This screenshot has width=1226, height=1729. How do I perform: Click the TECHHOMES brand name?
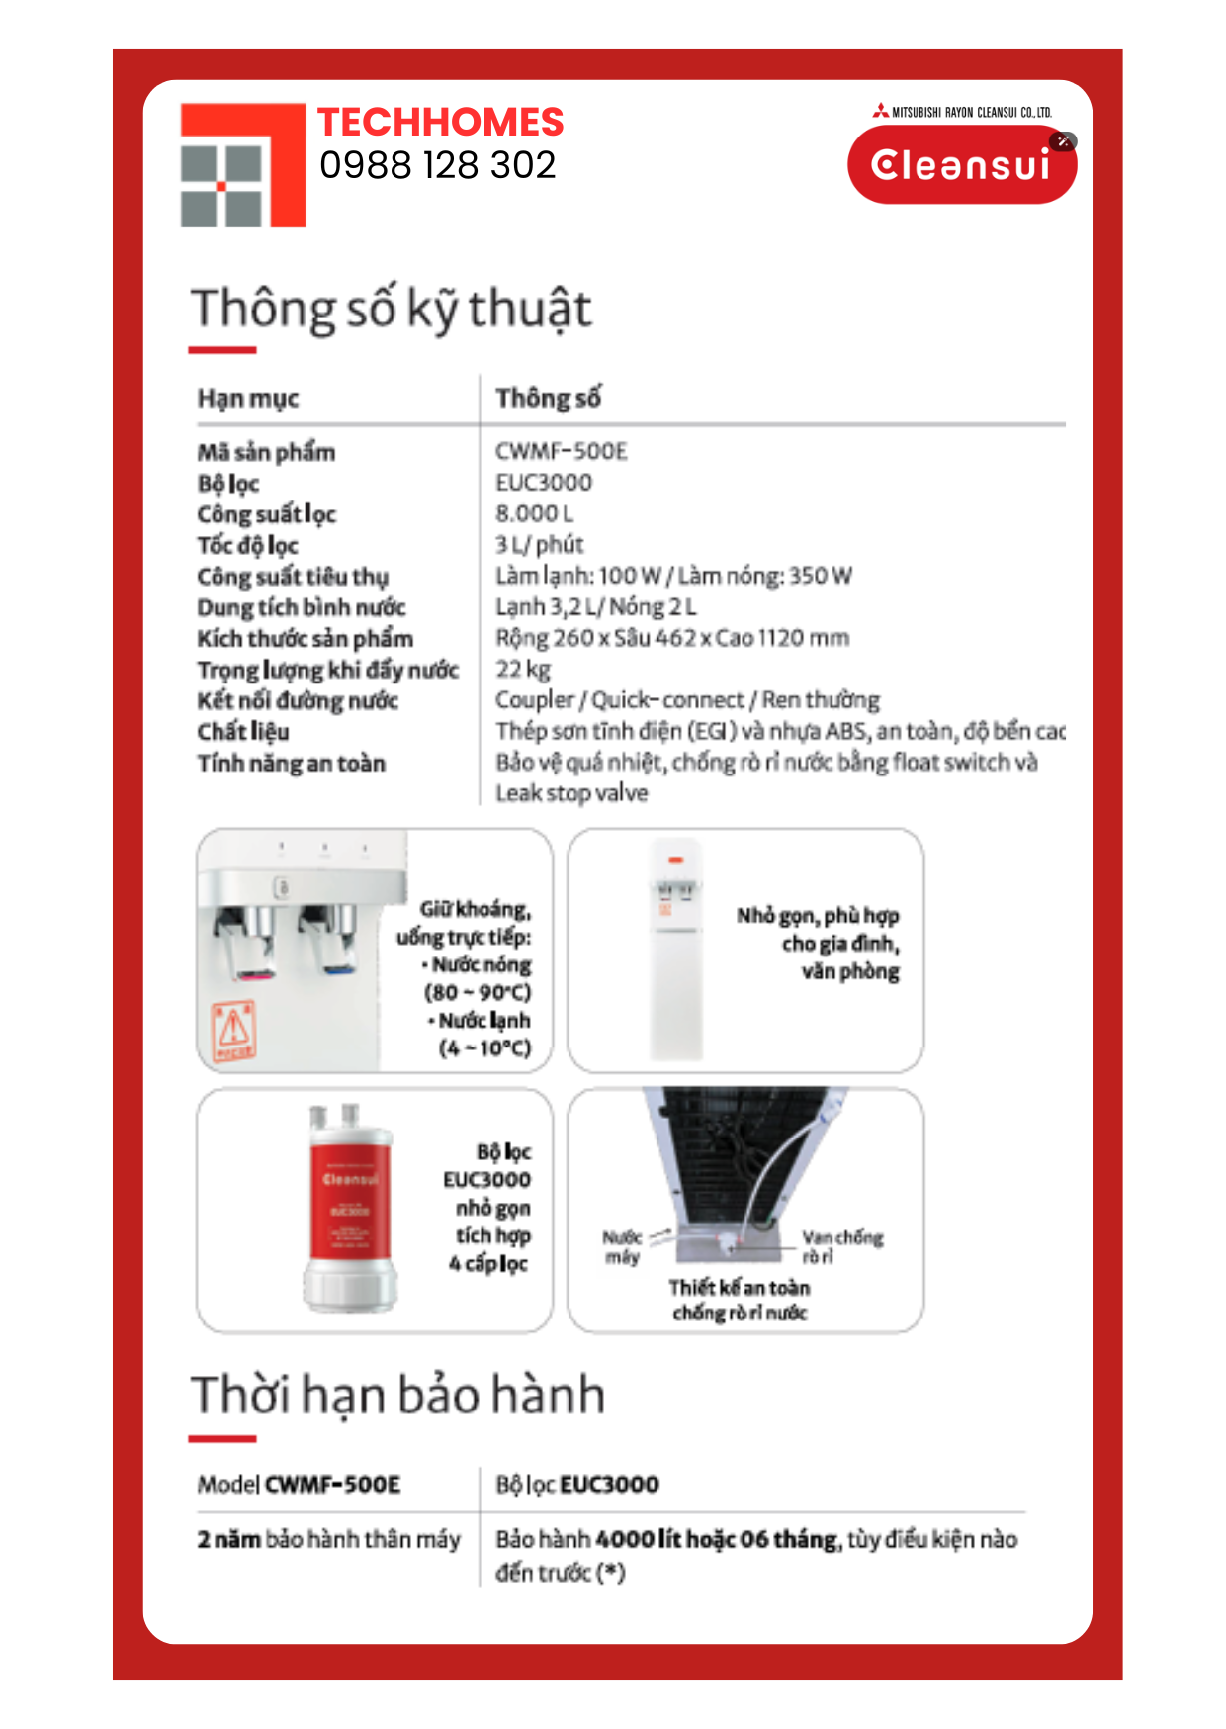pos(440,123)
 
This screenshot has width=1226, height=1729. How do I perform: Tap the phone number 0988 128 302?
pos(438,165)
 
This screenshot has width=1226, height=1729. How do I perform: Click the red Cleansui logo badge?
pos(961,165)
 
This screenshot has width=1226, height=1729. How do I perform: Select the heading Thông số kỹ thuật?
pos(392,309)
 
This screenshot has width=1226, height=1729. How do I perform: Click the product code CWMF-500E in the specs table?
pos(562,452)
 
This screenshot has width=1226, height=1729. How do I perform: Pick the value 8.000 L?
pos(534,513)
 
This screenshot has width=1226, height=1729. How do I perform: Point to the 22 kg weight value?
pos(523,669)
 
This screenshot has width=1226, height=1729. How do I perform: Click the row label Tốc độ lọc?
pos(248,545)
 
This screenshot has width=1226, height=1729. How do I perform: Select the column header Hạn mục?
pos(248,398)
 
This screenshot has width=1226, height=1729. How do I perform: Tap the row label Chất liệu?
pos(243,732)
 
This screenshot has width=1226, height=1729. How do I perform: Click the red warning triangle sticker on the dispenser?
pos(234,1029)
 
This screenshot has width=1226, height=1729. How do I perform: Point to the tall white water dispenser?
pos(676,951)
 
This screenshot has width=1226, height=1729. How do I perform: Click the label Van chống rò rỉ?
pos(841,1245)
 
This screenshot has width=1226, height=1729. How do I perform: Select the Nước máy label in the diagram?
pos(622,1246)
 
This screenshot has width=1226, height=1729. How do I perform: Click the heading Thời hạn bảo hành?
pos(397,1395)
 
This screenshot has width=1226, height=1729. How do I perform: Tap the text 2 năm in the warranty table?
pos(228,1540)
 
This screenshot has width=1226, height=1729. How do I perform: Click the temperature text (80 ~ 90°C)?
pos(478,992)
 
